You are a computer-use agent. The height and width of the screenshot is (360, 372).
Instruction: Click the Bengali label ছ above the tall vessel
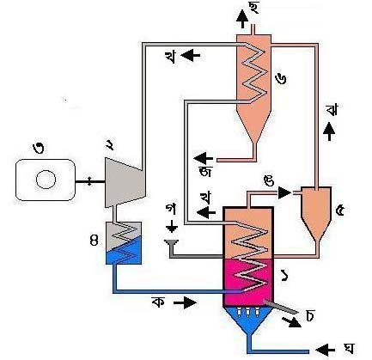point(253,8)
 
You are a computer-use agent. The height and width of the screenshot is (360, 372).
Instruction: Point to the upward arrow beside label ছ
point(242,19)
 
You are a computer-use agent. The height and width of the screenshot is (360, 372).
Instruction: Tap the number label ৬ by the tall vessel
point(281,79)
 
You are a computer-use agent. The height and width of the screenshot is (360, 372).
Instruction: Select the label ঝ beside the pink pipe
point(332,109)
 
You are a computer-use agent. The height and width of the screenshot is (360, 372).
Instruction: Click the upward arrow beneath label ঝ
point(329,131)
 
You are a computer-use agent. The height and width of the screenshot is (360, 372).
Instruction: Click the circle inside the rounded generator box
point(46,180)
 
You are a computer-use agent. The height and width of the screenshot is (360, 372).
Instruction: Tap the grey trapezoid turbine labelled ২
point(125,182)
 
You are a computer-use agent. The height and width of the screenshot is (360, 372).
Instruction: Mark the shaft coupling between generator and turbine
point(89,181)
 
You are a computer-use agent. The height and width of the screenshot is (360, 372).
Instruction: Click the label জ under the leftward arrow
point(205,171)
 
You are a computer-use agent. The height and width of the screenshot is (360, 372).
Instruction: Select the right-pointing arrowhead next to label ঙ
point(284,192)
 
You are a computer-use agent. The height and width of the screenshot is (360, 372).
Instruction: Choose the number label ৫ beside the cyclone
point(340,211)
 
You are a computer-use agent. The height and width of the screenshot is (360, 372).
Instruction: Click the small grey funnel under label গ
point(172,243)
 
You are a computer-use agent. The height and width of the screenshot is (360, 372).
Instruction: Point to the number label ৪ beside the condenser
point(94,241)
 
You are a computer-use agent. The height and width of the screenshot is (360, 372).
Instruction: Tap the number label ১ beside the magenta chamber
point(285,277)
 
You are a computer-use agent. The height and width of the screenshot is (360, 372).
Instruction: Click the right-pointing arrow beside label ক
point(186,302)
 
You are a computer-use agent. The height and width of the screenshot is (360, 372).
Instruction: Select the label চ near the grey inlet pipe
point(309,315)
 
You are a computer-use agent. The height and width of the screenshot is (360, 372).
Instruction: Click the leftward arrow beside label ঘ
point(325,350)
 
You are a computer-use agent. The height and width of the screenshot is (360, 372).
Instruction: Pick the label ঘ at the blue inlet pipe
point(349,349)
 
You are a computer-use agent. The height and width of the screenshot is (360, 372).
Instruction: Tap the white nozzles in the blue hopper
point(247,312)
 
